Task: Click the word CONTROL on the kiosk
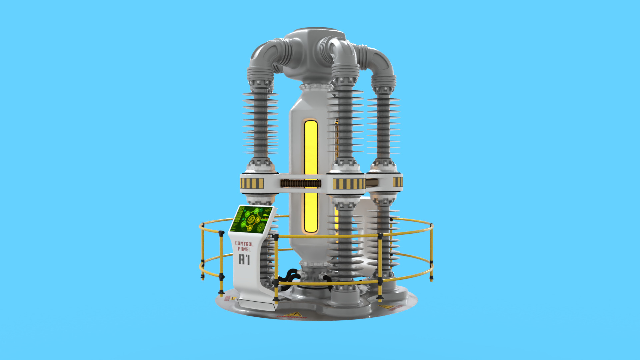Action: click(x=244, y=244)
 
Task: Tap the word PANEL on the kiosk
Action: click(x=244, y=249)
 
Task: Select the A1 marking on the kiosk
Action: click(x=244, y=259)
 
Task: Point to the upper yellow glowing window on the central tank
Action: click(x=311, y=147)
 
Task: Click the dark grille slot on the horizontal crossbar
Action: click(x=301, y=183)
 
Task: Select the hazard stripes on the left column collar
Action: click(x=252, y=183)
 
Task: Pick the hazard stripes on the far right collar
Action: click(x=397, y=182)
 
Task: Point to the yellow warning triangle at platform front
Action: click(x=295, y=314)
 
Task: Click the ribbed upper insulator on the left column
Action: click(x=260, y=123)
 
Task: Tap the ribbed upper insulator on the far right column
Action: click(x=384, y=127)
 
